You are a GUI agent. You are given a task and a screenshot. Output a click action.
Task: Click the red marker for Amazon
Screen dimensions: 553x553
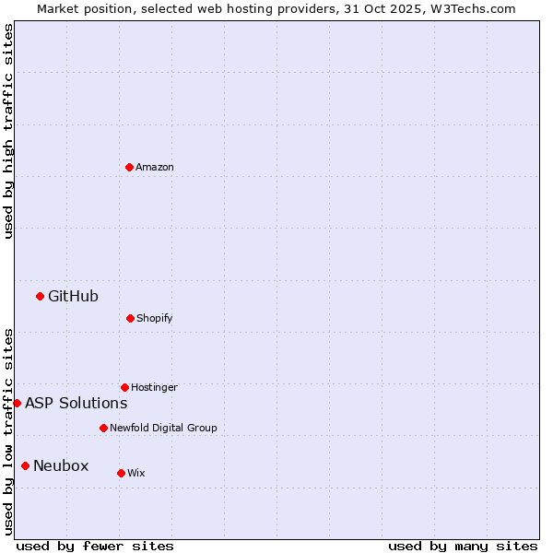tap(130, 167)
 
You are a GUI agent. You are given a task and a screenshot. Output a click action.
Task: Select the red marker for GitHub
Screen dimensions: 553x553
tap(40, 296)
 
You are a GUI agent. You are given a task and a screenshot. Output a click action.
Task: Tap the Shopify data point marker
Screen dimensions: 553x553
tap(130, 318)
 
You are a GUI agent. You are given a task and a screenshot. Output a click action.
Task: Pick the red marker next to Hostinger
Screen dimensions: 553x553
tap(124, 387)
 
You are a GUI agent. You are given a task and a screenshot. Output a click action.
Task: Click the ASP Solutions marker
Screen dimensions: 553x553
tap(17, 403)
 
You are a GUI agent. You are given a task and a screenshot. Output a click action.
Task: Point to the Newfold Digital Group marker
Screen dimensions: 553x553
tap(103, 428)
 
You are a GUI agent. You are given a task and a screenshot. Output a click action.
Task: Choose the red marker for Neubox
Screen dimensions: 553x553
tap(25, 465)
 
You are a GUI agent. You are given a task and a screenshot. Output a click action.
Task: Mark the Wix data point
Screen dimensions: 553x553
tap(121, 473)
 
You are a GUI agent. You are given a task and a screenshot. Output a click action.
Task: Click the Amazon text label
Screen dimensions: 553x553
tap(155, 167)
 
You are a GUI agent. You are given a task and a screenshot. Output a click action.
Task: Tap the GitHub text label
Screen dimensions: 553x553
tap(73, 296)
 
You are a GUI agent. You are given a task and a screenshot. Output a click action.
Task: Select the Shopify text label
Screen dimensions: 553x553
tap(155, 318)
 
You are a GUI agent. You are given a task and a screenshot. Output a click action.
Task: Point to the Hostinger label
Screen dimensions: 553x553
tap(154, 387)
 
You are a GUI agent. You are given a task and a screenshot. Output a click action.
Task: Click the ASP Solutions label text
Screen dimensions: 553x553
tap(76, 403)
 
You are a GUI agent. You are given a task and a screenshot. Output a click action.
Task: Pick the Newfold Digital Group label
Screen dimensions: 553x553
tap(163, 428)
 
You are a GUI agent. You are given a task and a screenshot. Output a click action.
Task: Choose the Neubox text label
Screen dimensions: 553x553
tap(61, 465)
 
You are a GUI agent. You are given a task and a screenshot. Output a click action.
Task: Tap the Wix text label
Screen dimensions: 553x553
tap(136, 473)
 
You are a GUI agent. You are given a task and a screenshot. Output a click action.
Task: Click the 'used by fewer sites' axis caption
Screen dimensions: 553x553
tap(95, 546)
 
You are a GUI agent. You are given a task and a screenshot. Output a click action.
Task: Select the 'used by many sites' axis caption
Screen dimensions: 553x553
tap(463, 546)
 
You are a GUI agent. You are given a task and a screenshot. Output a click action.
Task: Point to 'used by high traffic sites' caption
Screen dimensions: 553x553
tap(8, 131)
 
